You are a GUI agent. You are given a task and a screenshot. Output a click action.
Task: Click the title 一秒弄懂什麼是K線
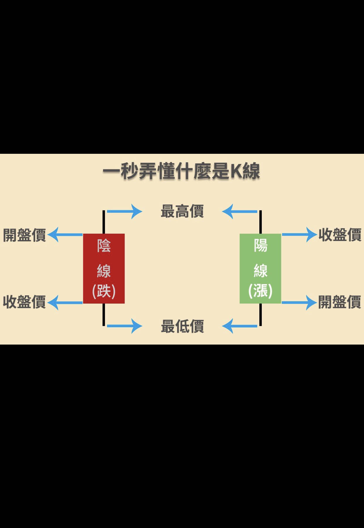[181, 171]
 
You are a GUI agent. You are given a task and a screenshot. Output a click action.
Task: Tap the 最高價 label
[182, 211]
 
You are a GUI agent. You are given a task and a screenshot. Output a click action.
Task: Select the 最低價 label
[182, 326]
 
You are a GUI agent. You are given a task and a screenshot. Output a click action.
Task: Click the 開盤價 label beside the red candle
[25, 235]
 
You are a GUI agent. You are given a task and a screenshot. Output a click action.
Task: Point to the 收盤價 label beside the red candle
[25, 302]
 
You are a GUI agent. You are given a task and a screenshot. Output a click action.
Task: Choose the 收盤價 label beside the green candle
[340, 235]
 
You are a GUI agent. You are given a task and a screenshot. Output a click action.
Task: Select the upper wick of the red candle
[104, 222]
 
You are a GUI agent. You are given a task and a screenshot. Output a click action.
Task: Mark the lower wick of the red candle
[104, 314]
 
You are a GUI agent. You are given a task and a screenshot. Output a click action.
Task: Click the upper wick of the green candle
[260, 222]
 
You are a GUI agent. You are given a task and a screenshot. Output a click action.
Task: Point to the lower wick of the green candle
[260, 314]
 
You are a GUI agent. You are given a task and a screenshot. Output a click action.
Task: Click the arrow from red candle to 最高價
[124, 211]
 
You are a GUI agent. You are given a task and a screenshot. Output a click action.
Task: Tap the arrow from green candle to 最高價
[240, 211]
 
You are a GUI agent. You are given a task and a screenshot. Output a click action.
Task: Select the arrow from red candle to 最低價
[124, 326]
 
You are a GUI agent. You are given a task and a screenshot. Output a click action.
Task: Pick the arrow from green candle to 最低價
[240, 326]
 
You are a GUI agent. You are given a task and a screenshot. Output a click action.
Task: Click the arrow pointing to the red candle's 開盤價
[65, 235]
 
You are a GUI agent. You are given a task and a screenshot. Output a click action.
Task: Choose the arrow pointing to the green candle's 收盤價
[299, 235]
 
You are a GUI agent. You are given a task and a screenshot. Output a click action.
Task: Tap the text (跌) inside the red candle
[104, 291]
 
